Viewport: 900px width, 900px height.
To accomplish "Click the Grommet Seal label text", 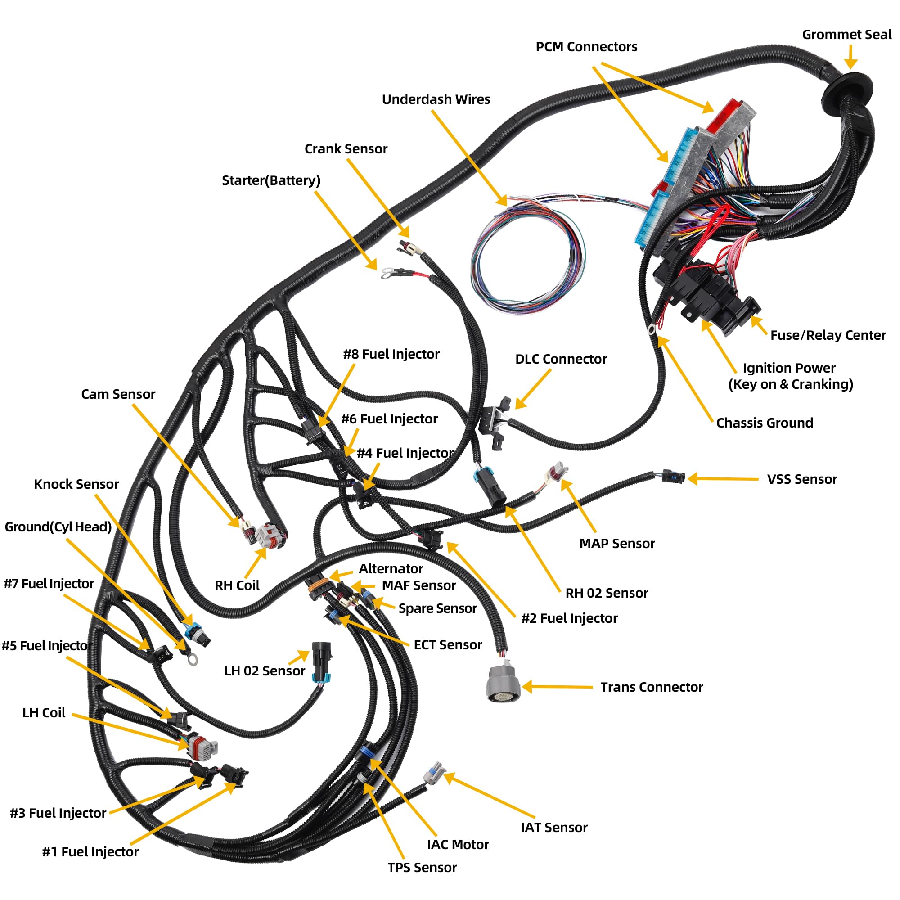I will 846,35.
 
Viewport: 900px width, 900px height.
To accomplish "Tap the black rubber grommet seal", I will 846,89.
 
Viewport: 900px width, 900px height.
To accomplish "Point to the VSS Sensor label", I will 802,479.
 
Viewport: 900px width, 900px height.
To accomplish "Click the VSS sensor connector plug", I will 674,477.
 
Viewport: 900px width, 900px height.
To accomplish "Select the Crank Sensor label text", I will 346,149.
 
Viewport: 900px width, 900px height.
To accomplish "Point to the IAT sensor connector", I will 434,774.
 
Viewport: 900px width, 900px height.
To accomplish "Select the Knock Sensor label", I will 76,485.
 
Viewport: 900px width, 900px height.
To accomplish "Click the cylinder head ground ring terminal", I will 191,659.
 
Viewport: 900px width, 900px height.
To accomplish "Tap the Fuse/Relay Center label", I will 828,335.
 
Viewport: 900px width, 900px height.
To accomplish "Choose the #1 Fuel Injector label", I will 90,852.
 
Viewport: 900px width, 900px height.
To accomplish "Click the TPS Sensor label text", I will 422,868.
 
